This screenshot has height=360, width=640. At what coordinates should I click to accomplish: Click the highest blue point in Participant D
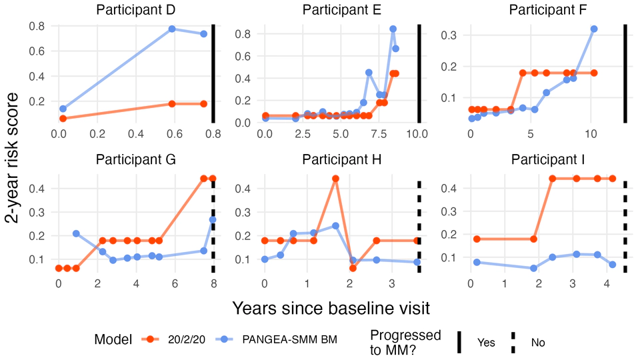pyautogui.click(x=172, y=29)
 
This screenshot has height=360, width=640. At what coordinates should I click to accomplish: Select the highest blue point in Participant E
pyautogui.click(x=393, y=29)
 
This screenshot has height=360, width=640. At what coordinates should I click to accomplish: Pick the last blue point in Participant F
pyautogui.click(x=594, y=29)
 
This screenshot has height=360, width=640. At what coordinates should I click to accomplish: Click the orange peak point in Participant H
pyautogui.click(x=335, y=179)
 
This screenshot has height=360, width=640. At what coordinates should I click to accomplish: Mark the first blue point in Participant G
pyautogui.click(x=76, y=233)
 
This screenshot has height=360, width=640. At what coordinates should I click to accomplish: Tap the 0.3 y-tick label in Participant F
pyautogui.click(x=456, y=35)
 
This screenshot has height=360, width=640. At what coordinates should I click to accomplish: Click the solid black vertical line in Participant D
pyautogui.click(x=213, y=73)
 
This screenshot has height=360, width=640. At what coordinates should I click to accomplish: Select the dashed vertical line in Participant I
pyautogui.click(x=625, y=227)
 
